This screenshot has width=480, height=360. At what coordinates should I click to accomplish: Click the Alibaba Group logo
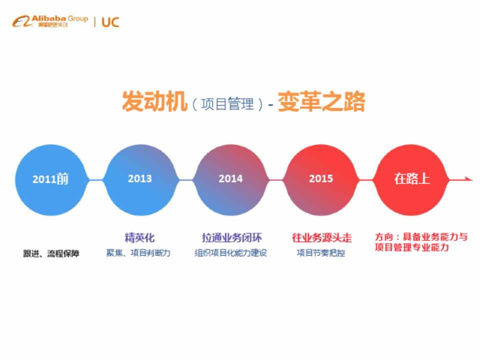[x=50, y=21]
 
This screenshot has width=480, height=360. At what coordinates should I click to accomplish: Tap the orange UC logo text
[x=110, y=22]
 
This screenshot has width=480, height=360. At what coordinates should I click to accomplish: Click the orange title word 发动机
[x=154, y=101]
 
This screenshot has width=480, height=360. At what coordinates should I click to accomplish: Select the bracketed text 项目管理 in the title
[x=227, y=104]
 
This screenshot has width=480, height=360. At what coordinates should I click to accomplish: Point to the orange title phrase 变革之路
[x=321, y=101]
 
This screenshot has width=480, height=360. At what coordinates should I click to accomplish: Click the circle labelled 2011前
[x=51, y=180]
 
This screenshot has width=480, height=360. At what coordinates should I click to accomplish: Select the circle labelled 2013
[x=140, y=180]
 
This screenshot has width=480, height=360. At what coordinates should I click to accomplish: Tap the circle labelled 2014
[x=231, y=180]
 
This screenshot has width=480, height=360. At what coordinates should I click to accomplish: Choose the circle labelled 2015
[x=321, y=180]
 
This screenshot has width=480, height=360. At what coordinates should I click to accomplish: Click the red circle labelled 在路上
[x=411, y=180]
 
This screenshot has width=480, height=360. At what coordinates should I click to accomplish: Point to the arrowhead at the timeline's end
[x=469, y=179]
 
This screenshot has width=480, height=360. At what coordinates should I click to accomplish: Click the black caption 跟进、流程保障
[x=51, y=253]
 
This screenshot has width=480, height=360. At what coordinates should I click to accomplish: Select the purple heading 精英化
[x=139, y=238]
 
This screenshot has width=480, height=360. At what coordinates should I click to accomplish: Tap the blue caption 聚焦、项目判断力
[x=138, y=253]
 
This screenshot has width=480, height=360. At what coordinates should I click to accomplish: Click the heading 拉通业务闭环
[x=231, y=238]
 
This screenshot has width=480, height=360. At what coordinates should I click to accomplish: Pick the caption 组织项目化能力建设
[x=231, y=253]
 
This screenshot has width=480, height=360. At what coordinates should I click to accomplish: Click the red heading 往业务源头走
[x=321, y=238]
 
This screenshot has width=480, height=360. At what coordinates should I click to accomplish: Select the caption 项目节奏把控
[x=321, y=253]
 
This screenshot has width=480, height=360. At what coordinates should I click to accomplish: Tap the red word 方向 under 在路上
[x=384, y=237]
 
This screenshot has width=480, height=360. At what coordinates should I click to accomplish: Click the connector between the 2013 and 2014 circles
[x=185, y=180]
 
